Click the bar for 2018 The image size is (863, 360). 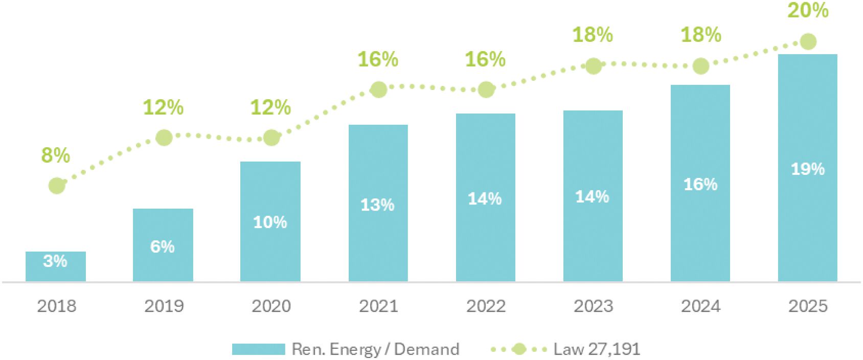(x=56, y=266)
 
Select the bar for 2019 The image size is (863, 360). (x=163, y=245)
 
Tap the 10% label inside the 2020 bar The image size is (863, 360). (x=270, y=222)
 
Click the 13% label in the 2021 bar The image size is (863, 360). (x=377, y=205)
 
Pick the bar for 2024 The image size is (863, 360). (x=700, y=183)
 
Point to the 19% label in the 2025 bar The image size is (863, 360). (x=808, y=169)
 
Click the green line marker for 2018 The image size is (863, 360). (x=57, y=186)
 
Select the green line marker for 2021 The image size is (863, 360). (x=378, y=90)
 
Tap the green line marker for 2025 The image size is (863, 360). (x=808, y=41)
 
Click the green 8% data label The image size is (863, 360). (x=56, y=155)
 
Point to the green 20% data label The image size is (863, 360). (x=808, y=10)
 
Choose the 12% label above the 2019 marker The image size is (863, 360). (x=164, y=107)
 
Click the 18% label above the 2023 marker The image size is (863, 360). (x=593, y=35)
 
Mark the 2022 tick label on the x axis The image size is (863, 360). (x=486, y=306)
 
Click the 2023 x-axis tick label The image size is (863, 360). (x=593, y=306)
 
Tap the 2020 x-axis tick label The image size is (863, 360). (x=271, y=306)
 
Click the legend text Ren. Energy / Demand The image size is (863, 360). (x=376, y=349)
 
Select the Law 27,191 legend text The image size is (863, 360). (x=597, y=349)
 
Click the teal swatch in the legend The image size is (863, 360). (x=259, y=349)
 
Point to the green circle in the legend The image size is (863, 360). (x=519, y=349)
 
